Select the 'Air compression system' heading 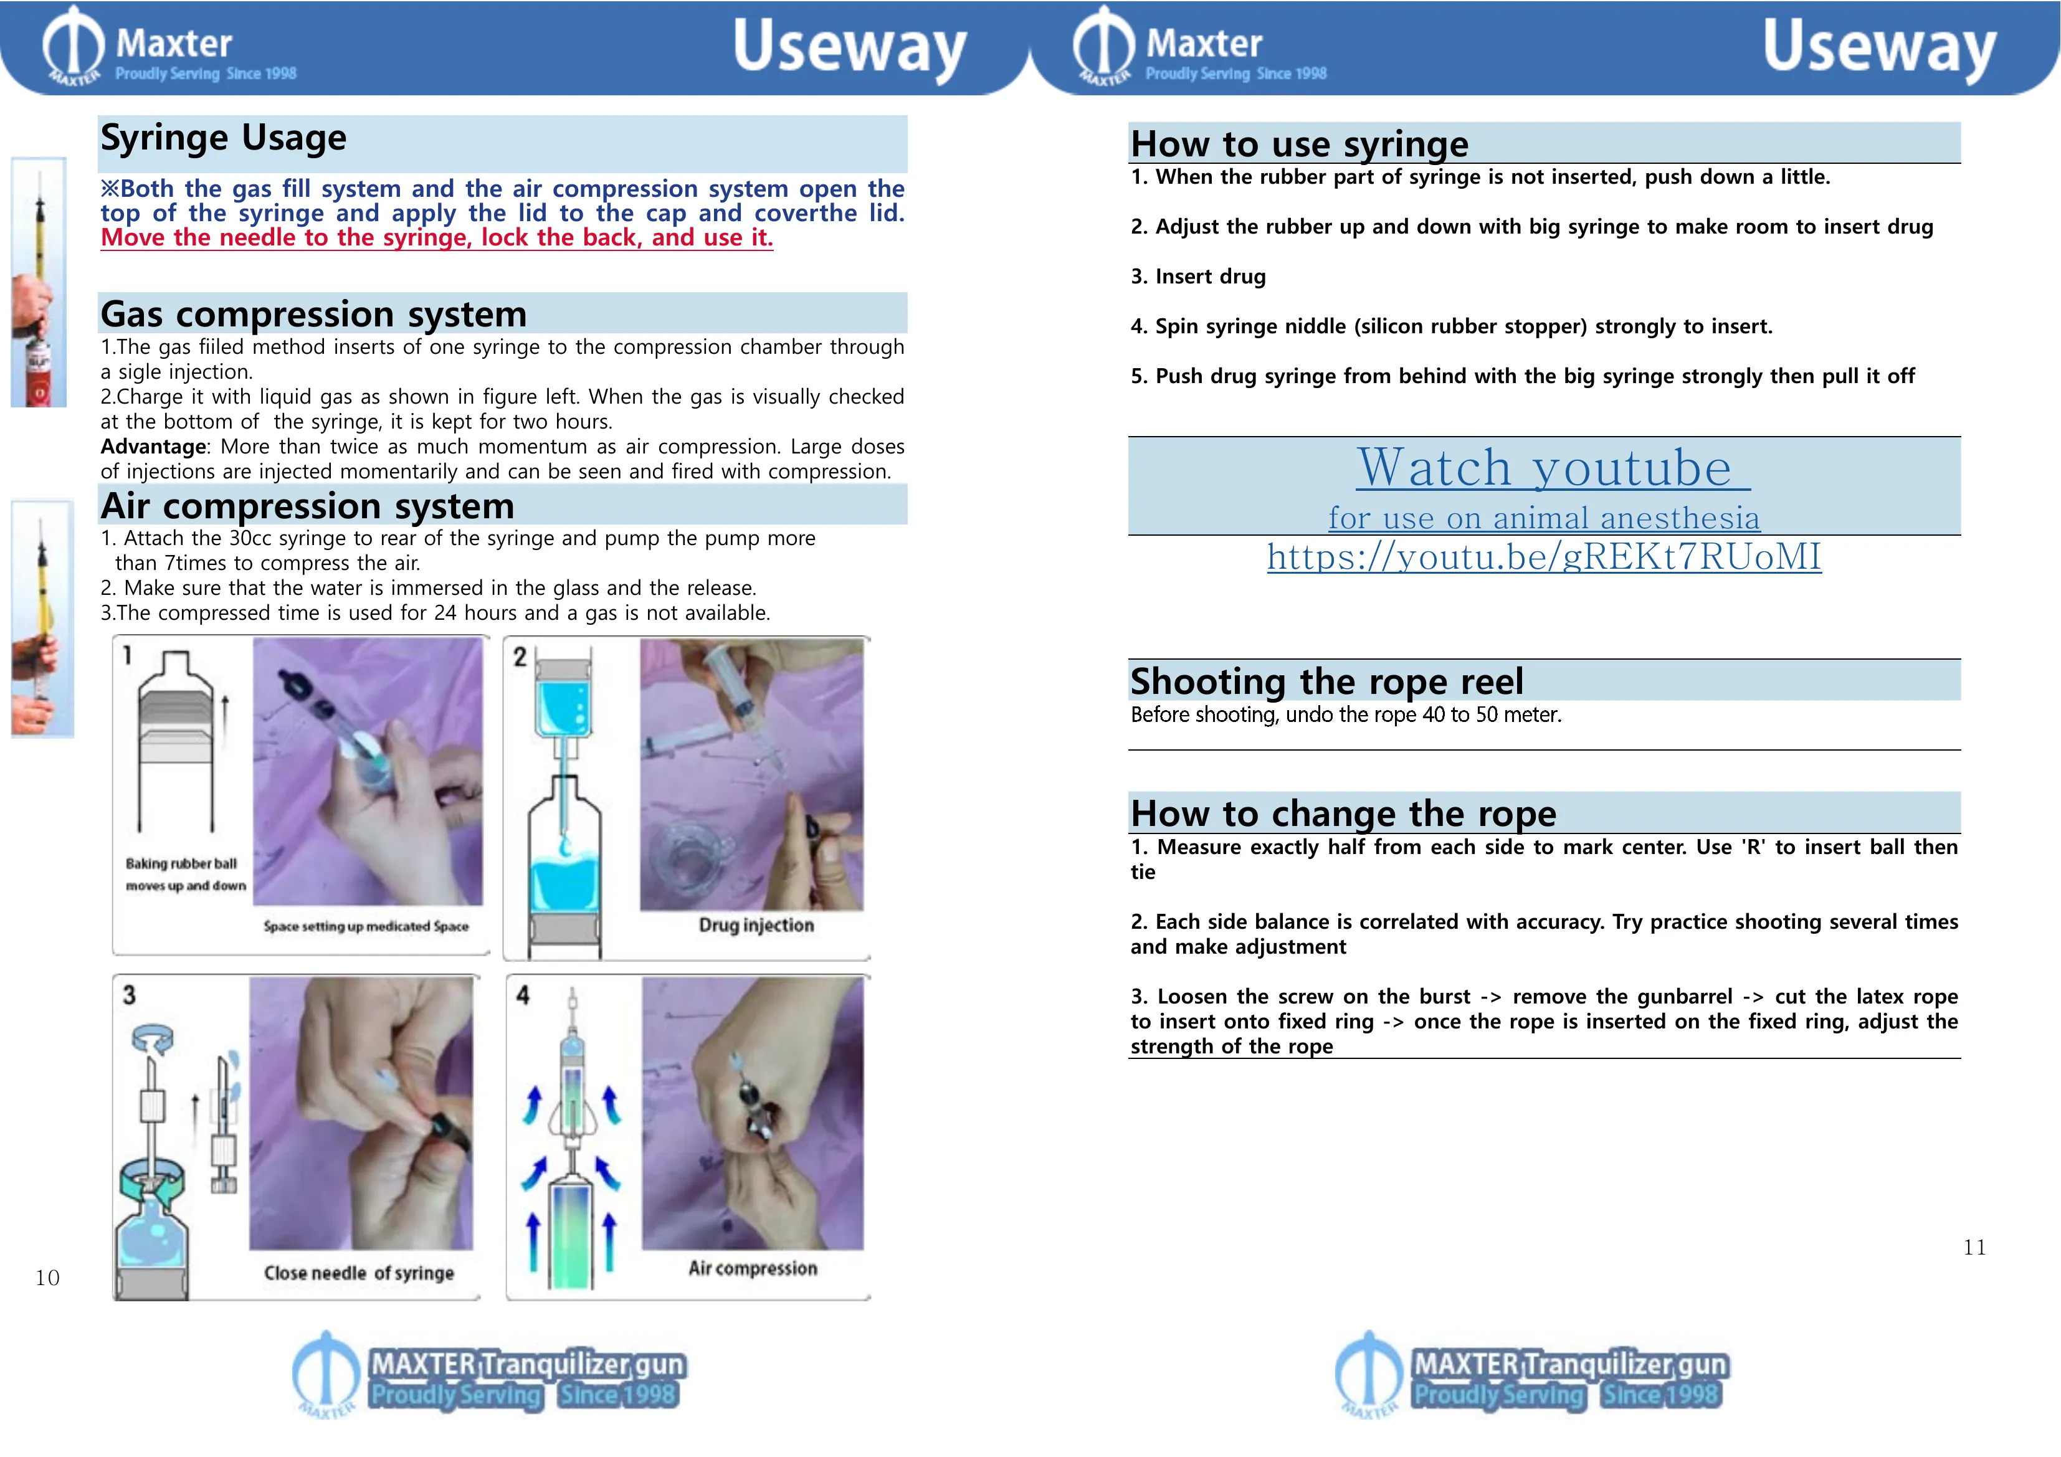coord(307,507)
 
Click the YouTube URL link coord(1543,558)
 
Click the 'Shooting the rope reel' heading coord(1326,682)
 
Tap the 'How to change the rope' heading coord(1342,814)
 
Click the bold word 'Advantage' coord(153,447)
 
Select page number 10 coord(47,1278)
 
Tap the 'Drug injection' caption coord(756,926)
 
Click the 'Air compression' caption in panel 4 coord(752,1268)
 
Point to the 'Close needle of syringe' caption coord(358,1273)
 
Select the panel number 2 coord(520,657)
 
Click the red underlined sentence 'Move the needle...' coord(436,238)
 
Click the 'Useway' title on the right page coord(1879,49)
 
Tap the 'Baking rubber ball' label coord(181,863)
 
